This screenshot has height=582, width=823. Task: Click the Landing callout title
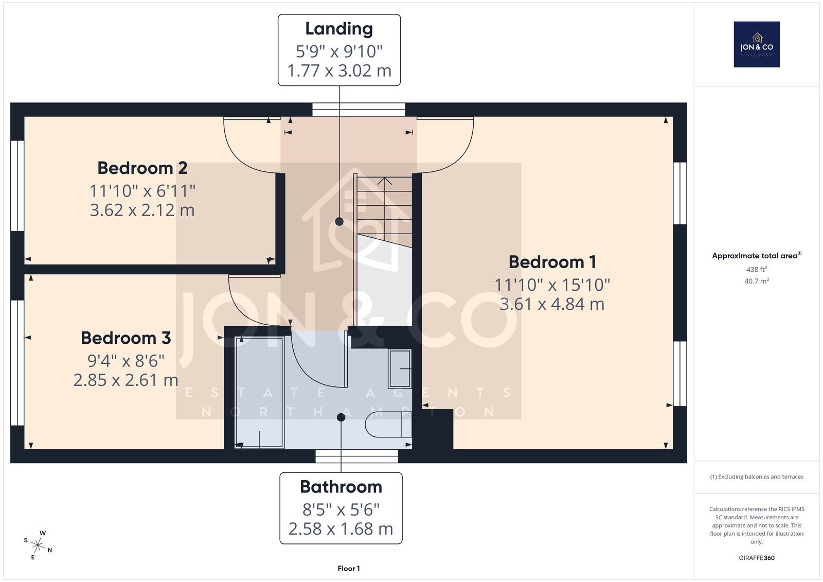(339, 29)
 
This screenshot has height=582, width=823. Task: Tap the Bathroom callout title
(341, 487)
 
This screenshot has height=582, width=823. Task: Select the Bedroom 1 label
(552, 262)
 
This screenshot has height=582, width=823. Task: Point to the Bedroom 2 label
(142, 168)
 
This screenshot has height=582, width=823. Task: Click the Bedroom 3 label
(126, 338)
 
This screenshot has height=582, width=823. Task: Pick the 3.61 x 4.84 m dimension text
(552, 304)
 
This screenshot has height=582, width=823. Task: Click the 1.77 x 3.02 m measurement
(339, 70)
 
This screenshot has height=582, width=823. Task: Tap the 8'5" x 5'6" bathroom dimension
(341, 509)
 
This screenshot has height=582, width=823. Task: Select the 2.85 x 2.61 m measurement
(126, 380)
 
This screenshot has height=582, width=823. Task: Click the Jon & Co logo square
(757, 44)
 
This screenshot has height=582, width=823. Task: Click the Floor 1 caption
(349, 569)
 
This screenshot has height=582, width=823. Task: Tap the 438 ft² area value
(757, 269)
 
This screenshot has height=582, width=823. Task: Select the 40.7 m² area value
(757, 281)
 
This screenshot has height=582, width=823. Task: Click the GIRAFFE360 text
(757, 558)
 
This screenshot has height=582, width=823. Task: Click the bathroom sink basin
(400, 368)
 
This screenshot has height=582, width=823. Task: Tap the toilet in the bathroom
(388, 424)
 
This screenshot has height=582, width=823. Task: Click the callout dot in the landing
(339, 221)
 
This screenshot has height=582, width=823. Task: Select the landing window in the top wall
(359, 110)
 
